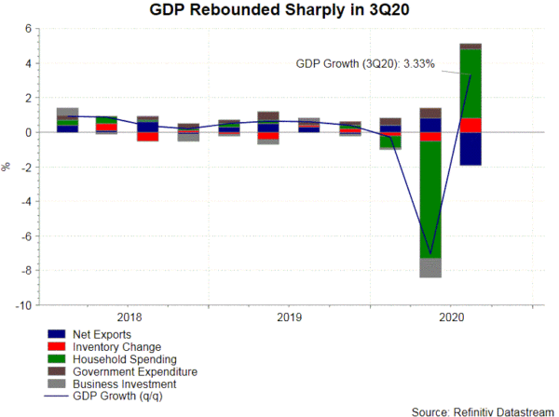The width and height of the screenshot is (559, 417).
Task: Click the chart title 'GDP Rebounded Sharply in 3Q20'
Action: pyautogui.click(x=279, y=11)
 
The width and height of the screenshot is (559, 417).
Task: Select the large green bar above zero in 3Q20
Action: pyautogui.click(x=470, y=84)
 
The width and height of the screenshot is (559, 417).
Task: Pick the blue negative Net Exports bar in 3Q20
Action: pyautogui.click(x=470, y=149)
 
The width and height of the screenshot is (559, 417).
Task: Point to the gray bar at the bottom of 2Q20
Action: pyautogui.click(x=430, y=268)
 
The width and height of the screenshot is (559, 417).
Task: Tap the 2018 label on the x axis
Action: pyautogui.click(x=130, y=316)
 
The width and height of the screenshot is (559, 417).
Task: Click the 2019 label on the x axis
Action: pyautogui.click(x=290, y=316)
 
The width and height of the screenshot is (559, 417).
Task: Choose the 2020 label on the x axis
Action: pyautogui.click(x=450, y=316)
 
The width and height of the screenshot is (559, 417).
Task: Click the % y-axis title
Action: pyautogui.click(x=7, y=168)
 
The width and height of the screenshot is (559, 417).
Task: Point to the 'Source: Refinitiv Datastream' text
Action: pyautogui.click(x=482, y=410)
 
